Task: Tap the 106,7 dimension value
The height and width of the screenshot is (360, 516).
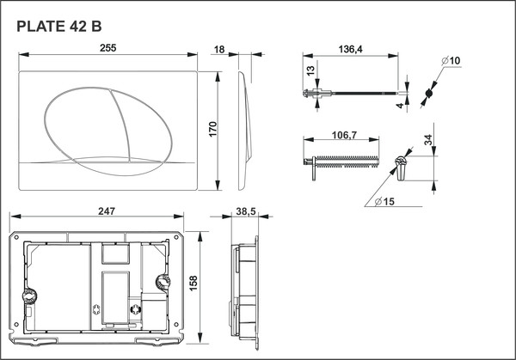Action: pos(345,135)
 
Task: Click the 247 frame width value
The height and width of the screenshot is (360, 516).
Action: pos(106,211)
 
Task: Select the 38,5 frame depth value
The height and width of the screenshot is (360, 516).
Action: pos(245,211)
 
